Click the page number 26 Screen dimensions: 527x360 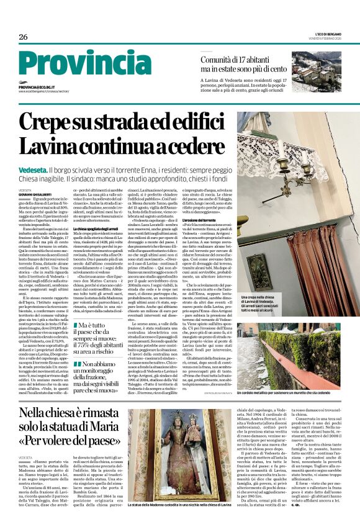[x=24, y=37]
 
